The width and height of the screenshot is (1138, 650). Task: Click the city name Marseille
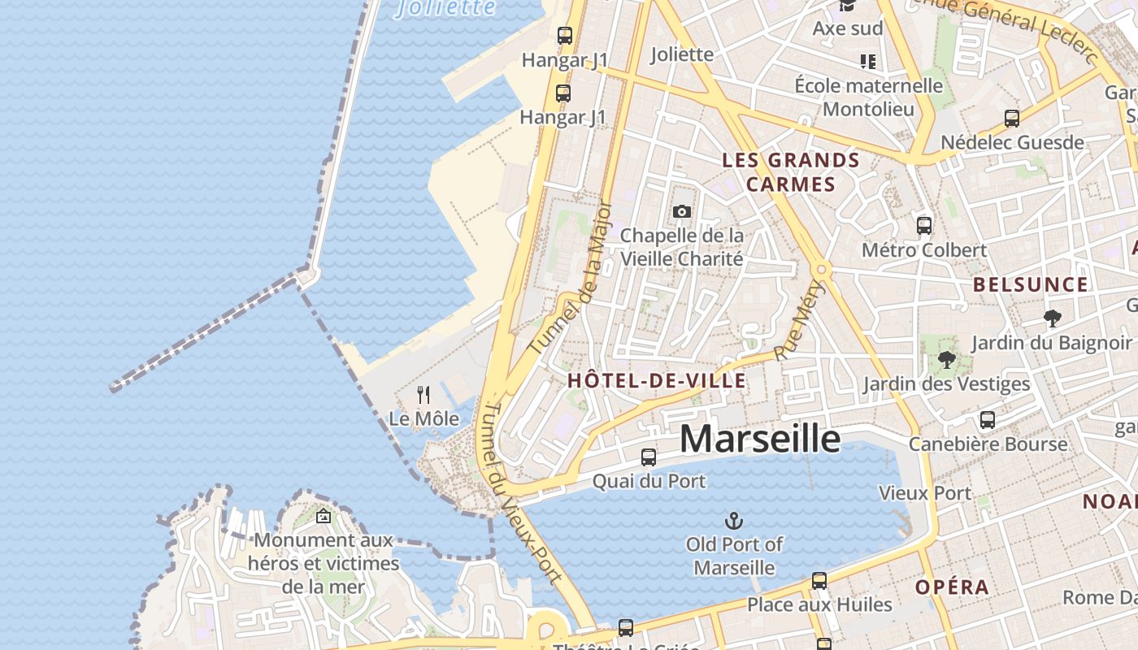tap(760, 439)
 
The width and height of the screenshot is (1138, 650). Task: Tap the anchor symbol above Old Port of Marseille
tap(734, 521)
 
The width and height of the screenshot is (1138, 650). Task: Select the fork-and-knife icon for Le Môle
tap(423, 395)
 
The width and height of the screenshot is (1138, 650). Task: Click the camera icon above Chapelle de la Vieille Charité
tap(682, 212)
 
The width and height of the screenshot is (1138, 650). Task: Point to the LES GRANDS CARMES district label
tap(791, 172)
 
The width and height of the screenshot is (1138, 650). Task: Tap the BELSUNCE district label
tap(1031, 284)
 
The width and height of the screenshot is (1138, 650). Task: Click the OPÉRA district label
tap(953, 587)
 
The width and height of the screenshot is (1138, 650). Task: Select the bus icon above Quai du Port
tap(648, 457)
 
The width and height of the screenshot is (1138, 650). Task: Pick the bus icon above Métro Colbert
tap(924, 226)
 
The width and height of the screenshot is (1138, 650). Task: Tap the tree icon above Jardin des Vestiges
tap(946, 359)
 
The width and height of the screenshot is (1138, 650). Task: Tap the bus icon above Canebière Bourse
tap(988, 420)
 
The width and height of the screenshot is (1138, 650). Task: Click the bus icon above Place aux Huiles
tap(819, 581)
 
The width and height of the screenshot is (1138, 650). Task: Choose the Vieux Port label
tap(925, 493)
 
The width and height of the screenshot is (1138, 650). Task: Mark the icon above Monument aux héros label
tap(324, 515)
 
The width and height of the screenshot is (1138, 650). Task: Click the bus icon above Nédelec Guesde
tap(1012, 119)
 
